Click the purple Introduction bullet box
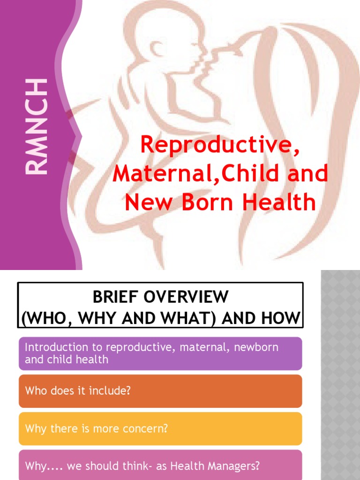point(160,353)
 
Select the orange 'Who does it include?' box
point(160,391)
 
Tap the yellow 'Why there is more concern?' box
point(160,428)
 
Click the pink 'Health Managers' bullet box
point(160,466)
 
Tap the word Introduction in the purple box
point(56,347)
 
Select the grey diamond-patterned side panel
point(340,375)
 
